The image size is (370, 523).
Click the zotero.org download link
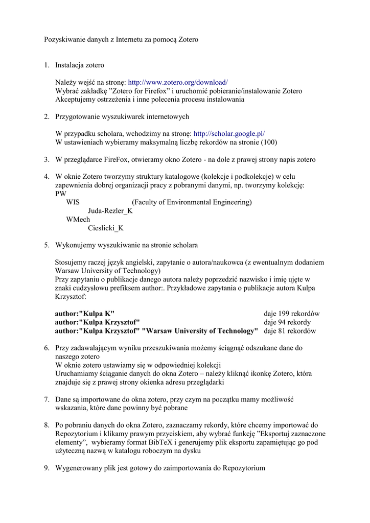tap(177, 82)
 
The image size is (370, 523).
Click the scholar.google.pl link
tap(229, 133)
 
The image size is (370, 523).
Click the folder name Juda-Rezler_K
tap(110, 211)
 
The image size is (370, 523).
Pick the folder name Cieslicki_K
tap(106, 228)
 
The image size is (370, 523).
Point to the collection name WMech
tap(78, 220)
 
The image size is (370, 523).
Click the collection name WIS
tap(73, 202)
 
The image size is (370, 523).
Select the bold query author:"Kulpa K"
tap(85, 314)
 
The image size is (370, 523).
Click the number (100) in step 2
tap(269, 142)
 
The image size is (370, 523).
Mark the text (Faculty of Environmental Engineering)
tap(192, 202)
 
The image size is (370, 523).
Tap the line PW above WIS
tap(61, 194)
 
